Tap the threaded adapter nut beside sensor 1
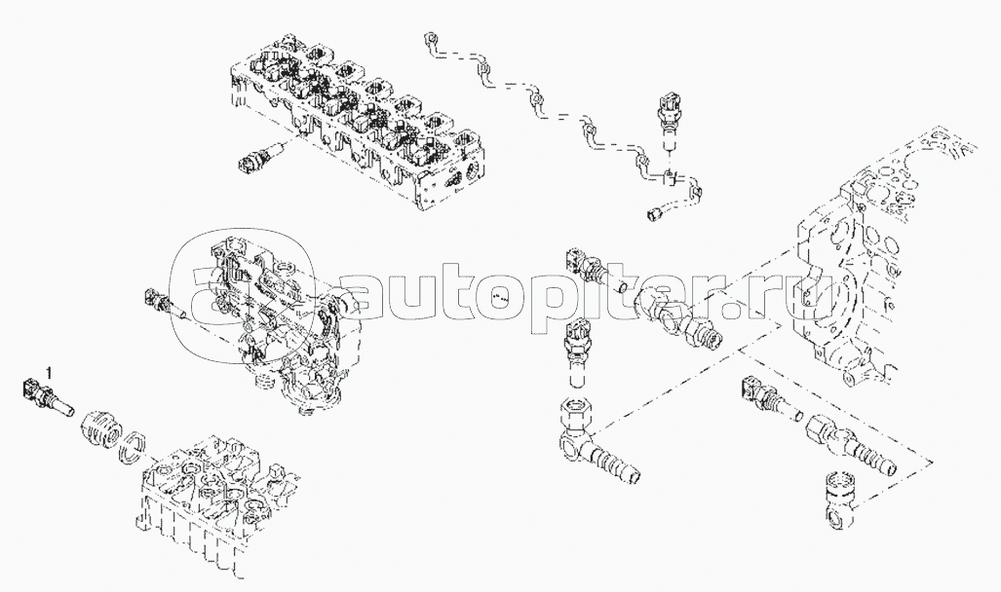click(100, 426)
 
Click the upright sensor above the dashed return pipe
click(667, 124)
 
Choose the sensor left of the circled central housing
click(165, 305)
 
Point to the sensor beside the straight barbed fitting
click(770, 397)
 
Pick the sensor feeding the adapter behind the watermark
click(595, 272)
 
